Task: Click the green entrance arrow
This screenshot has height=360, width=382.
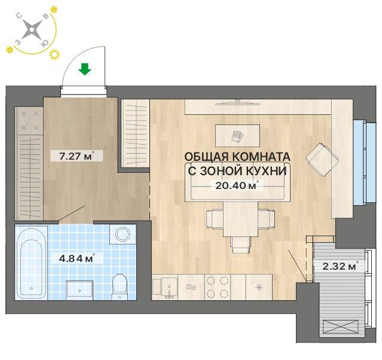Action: coord(85,69)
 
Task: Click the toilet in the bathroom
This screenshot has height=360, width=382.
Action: coord(120,285)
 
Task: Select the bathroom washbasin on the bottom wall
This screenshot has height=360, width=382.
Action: coord(79,289)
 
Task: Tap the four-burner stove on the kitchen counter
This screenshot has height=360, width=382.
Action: coord(218,286)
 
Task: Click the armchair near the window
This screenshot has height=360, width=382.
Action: coord(321,158)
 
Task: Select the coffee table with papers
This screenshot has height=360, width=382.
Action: coord(237,135)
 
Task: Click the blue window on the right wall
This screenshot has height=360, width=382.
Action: coord(360,162)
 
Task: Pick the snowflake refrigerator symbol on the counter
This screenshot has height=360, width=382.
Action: coord(259,287)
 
